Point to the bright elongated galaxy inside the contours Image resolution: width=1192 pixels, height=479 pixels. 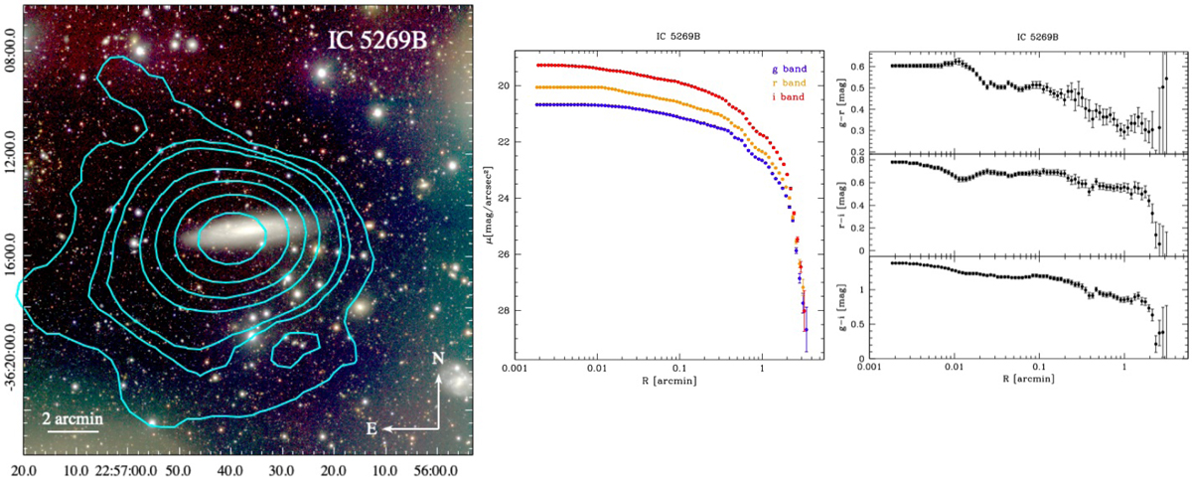(x=231, y=237)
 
